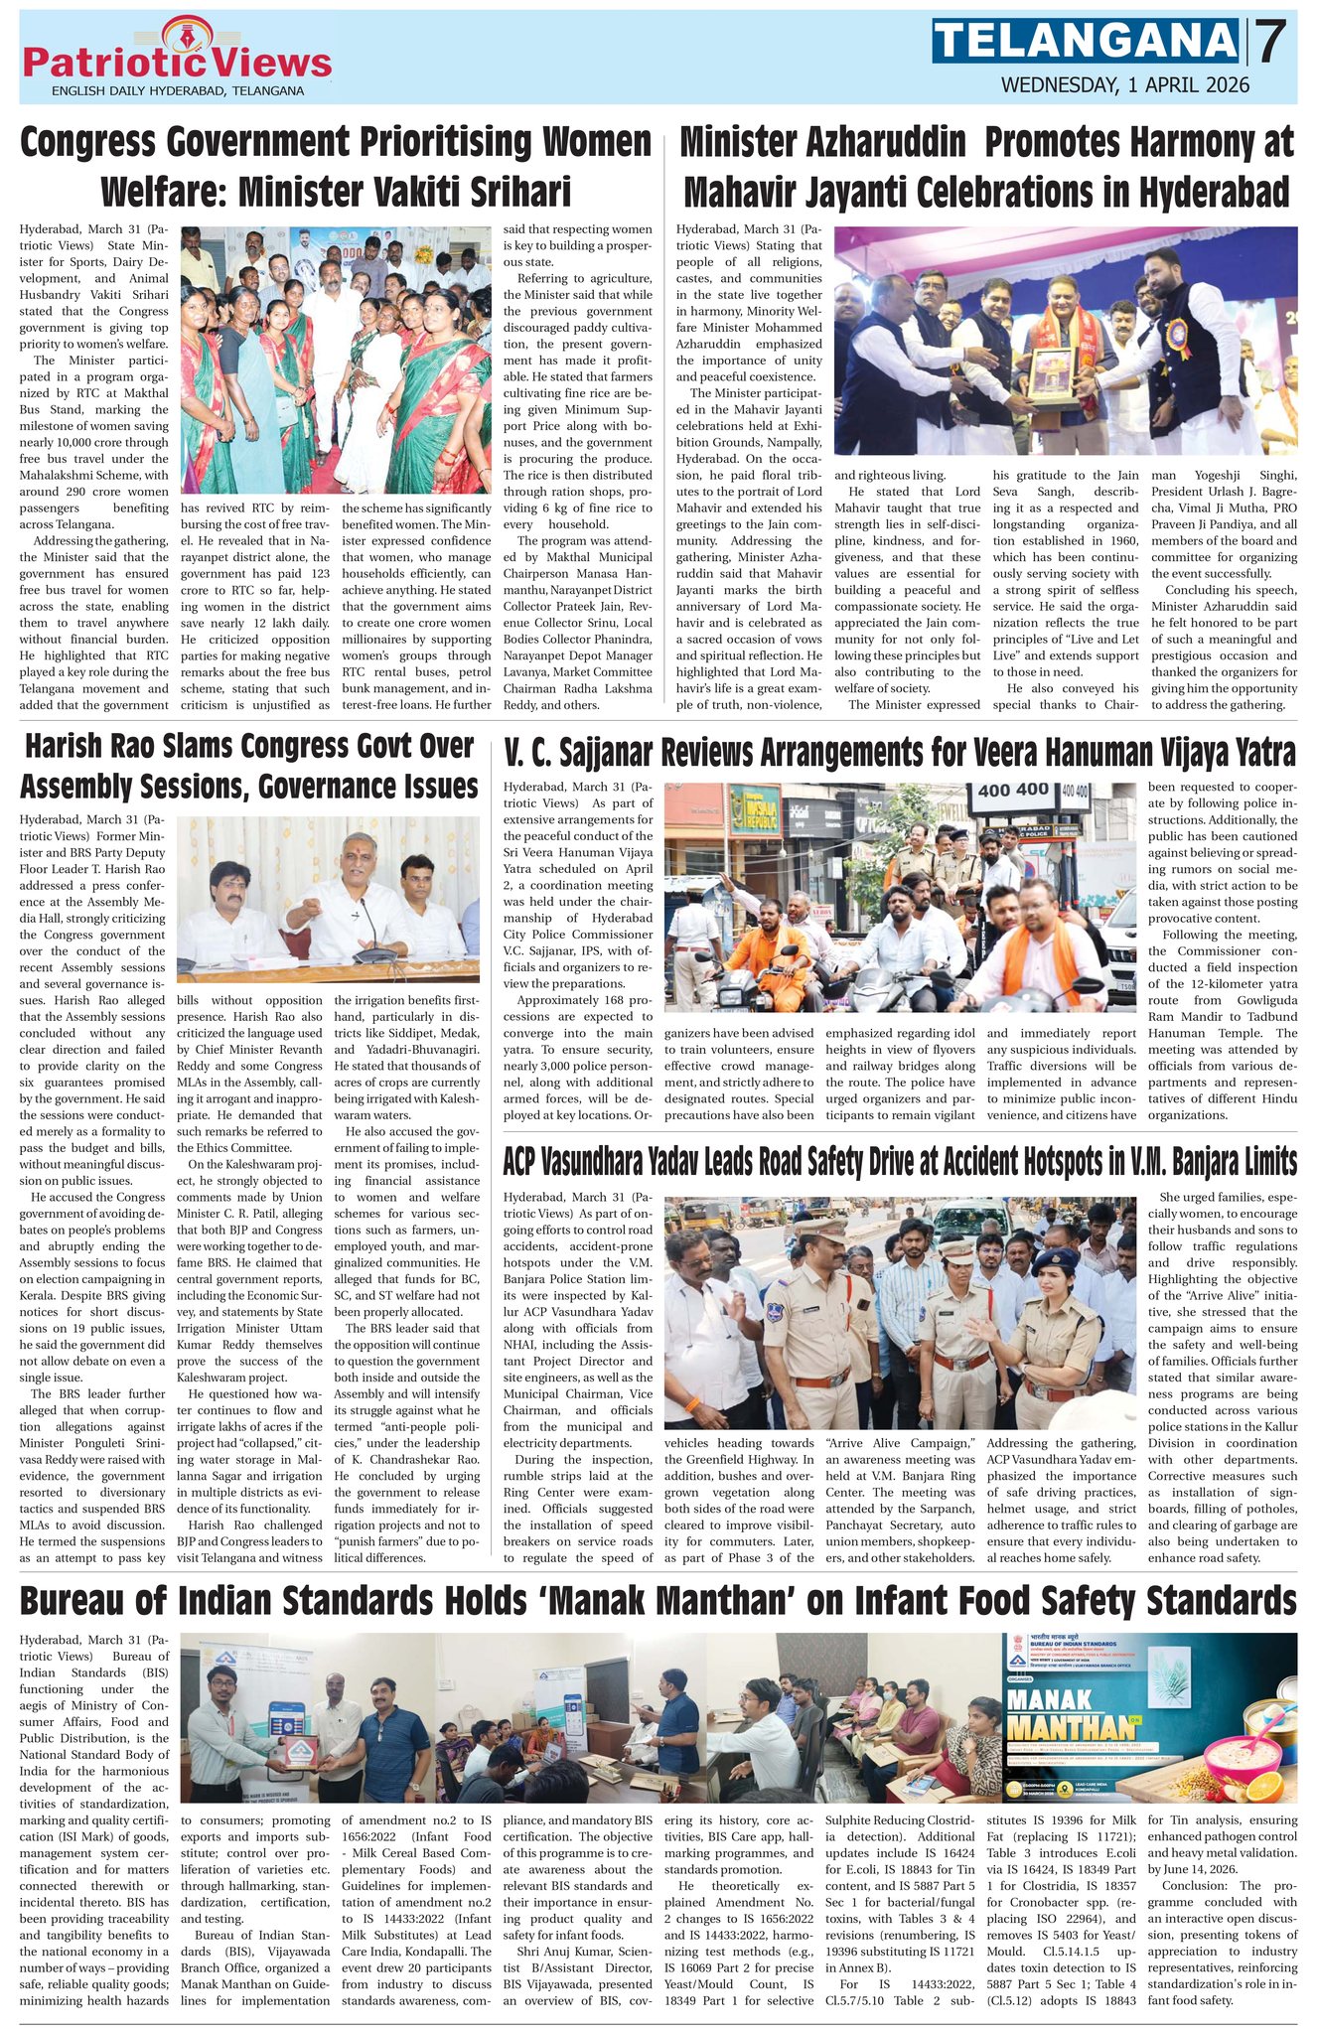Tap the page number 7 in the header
1270,43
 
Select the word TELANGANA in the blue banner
1085,42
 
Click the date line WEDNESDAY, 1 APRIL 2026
1124,85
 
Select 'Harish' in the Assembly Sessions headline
68,747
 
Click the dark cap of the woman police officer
1054,1260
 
